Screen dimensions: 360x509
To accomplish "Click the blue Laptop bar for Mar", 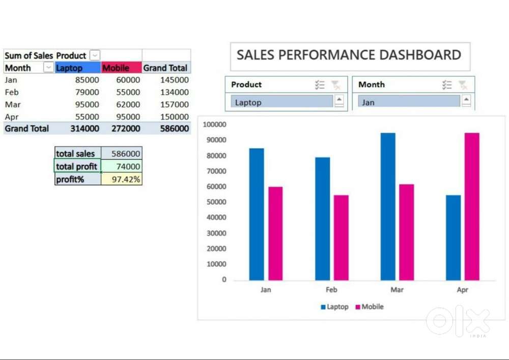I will (388, 206).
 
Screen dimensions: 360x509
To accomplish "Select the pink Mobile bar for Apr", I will (472, 206).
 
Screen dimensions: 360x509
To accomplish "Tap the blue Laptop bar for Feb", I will (322, 218).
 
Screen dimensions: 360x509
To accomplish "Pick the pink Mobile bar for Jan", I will (275, 233).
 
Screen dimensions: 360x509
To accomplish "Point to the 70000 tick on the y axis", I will (216, 171).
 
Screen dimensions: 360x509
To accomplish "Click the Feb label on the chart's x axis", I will (331, 290).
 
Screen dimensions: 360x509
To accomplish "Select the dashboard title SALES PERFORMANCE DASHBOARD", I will (349, 55).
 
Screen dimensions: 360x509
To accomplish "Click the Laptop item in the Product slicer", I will (281, 102).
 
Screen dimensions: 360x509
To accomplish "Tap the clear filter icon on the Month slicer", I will (463, 85).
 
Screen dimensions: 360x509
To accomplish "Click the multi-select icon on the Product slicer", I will (320, 85).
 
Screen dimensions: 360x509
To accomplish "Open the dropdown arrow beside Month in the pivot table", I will (48, 68).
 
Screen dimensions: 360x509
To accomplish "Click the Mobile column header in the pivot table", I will (116, 68).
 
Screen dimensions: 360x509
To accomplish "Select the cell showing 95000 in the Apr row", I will (128, 117).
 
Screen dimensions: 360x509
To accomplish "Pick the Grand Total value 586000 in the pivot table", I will (174, 129).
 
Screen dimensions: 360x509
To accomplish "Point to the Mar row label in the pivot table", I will (13, 104).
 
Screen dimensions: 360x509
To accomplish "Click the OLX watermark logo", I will (458, 320).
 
